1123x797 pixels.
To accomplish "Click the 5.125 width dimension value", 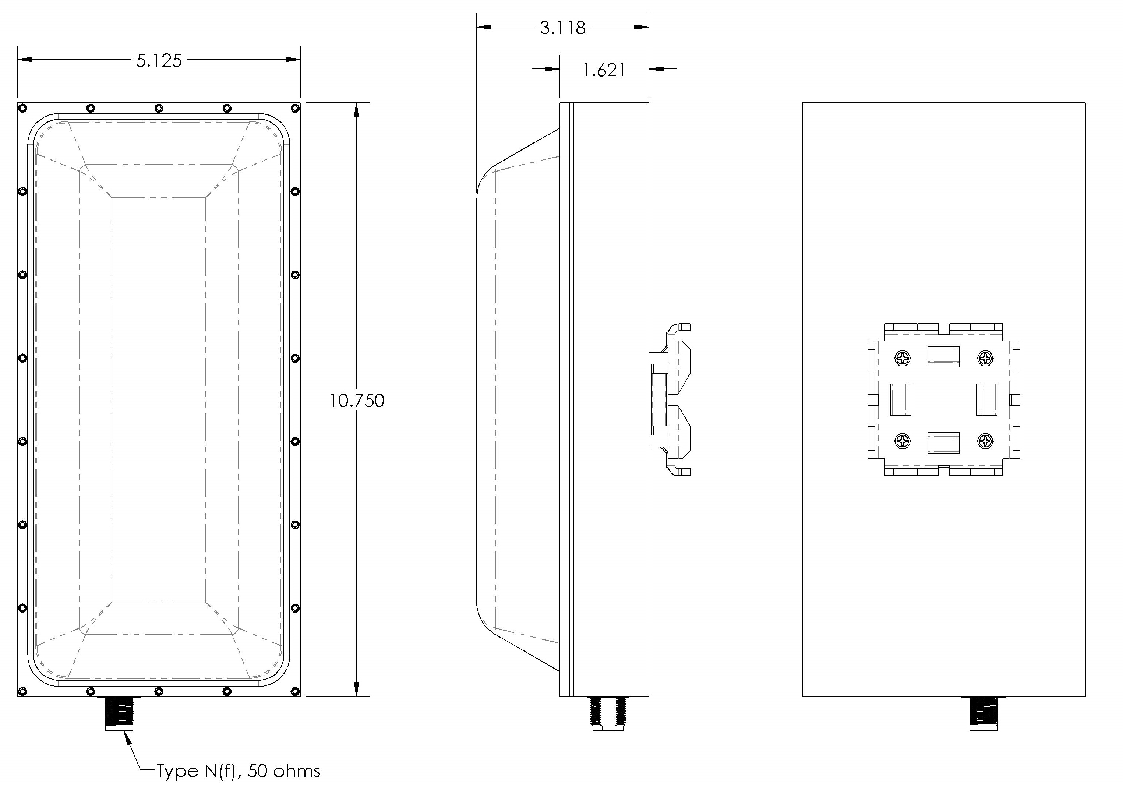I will (159, 60).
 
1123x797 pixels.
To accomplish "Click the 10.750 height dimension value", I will (357, 401).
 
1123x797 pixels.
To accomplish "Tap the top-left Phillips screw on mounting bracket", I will (902, 358).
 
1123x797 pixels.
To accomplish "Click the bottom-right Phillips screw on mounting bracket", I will (985, 441).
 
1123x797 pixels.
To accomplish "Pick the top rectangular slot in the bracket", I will (943, 357).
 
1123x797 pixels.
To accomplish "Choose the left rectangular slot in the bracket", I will (900, 399).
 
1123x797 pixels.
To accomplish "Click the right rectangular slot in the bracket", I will (986, 399).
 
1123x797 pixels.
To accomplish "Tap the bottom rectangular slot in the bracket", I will (943, 442).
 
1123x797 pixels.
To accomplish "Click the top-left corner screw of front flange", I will (22, 108).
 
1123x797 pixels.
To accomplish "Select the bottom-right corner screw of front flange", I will (295, 691).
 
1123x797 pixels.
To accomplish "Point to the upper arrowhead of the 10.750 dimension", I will (357, 110).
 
